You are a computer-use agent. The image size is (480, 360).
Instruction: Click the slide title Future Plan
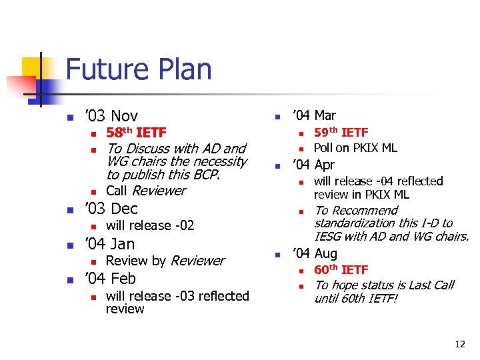point(139,70)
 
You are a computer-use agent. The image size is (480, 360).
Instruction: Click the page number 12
point(459,345)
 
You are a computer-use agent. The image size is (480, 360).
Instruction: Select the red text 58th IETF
point(136,133)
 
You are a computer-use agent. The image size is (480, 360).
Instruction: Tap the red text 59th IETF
point(341,133)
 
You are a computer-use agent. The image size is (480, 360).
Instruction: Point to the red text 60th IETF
point(341,269)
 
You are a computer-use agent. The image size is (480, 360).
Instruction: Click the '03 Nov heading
point(111,116)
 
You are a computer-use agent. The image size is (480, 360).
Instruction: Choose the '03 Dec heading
point(111,208)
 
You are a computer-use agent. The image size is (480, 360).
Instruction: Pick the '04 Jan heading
point(109,244)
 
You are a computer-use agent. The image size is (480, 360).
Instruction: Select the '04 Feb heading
point(110,279)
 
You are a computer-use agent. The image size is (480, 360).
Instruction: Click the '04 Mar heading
point(314,116)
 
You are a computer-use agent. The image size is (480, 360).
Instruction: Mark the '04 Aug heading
point(315,253)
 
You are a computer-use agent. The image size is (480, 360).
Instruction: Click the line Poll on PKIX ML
point(355,148)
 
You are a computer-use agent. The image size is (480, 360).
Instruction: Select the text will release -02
point(150,225)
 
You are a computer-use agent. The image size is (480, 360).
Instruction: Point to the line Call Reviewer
point(146,191)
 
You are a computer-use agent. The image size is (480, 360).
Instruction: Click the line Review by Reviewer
point(165,261)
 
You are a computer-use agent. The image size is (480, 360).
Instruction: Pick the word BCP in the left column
point(204,175)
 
